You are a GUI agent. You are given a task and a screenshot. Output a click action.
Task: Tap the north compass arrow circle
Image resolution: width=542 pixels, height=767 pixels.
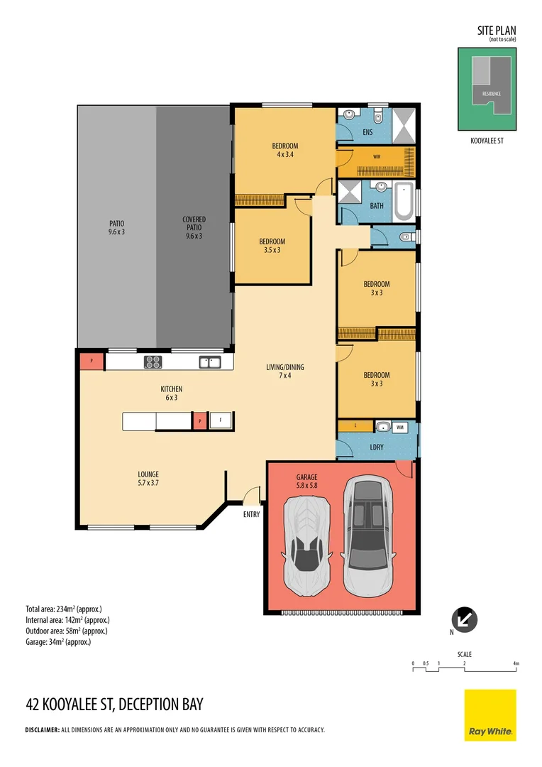[464, 620]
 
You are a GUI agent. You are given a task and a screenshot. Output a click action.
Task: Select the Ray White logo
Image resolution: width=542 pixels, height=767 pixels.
[490, 714]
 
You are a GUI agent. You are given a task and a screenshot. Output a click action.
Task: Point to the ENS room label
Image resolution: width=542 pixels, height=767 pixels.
[367, 132]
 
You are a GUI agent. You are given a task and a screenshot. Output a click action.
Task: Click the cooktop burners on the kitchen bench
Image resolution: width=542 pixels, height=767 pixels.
[153, 362]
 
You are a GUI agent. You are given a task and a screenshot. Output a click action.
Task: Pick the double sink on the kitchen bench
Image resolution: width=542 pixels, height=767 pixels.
[210, 362]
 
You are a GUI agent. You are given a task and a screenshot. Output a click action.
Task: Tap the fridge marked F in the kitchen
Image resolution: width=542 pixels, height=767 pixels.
[221, 420]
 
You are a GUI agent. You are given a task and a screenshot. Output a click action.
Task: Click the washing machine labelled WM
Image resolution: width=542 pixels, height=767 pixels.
[400, 427]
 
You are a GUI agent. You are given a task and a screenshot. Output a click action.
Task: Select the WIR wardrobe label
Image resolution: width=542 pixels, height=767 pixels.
[376, 156]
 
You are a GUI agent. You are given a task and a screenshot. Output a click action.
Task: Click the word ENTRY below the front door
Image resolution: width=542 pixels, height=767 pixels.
[252, 514]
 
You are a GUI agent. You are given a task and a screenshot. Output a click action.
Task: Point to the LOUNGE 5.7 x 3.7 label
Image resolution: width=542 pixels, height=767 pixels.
[148, 479]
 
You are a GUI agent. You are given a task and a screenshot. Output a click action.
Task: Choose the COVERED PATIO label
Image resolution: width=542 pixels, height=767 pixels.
[194, 227]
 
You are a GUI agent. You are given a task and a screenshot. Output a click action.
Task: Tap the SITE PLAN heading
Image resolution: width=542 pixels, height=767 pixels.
[497, 31]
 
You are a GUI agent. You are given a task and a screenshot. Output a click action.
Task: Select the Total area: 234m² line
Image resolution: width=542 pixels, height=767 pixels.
[64, 609]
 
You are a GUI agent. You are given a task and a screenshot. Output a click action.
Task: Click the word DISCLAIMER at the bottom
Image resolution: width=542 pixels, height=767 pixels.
[43, 730]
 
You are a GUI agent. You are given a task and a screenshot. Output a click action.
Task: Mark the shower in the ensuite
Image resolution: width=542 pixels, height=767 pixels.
[404, 125]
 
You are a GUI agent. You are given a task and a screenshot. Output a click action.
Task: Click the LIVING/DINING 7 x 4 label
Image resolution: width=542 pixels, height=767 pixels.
[285, 371]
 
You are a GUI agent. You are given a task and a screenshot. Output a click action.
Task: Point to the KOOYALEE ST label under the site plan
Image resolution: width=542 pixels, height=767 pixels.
[487, 141]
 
